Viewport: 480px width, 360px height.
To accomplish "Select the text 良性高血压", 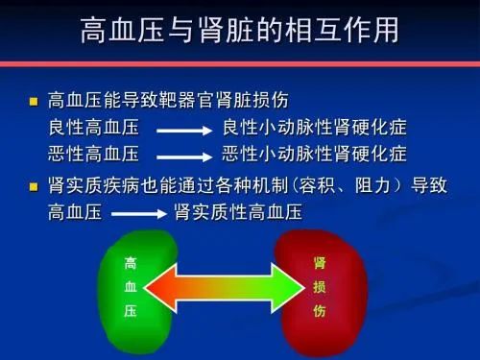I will tap(93, 128).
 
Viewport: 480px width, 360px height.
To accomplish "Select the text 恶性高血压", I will tap(93, 154).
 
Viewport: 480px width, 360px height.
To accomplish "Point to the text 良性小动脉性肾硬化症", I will tap(315, 128).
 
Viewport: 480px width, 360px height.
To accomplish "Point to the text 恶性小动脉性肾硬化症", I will tap(315, 154).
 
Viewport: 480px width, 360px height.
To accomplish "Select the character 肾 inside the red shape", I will tap(320, 261).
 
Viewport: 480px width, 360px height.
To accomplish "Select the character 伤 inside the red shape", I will tap(320, 312).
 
